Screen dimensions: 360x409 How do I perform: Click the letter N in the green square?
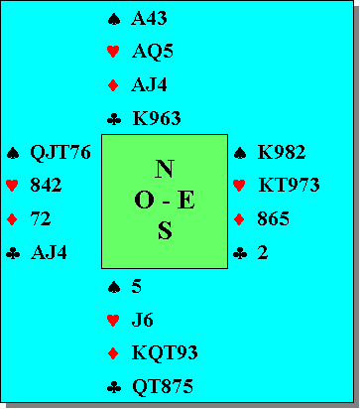coord(165,169)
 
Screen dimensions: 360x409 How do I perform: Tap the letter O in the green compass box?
coord(144,201)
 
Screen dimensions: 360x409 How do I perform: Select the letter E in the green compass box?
coord(185,201)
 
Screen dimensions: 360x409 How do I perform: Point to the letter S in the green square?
coord(165,230)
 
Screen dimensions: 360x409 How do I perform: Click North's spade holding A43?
coord(149,18)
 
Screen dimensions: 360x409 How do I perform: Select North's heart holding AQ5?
coord(153,52)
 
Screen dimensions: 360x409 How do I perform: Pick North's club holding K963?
coord(157,118)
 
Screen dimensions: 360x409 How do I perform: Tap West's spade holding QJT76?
coord(60,153)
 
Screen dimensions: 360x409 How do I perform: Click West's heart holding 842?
coord(46,185)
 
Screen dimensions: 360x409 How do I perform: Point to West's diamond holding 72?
coord(41,219)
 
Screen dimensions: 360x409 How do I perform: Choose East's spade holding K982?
coord(282,152)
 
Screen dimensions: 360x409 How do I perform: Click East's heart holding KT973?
coord(289,185)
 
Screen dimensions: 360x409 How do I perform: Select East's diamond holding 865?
coord(273,219)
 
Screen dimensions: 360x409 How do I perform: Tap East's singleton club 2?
coord(263,252)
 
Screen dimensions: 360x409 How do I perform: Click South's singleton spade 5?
coord(136,286)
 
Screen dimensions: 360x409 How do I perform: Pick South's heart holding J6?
coord(142,320)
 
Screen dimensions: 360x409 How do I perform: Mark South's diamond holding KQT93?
coord(165,353)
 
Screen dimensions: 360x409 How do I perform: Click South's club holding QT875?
coord(163,386)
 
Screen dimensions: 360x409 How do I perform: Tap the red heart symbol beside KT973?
coord(239,186)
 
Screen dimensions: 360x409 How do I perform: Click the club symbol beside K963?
coord(114,119)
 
